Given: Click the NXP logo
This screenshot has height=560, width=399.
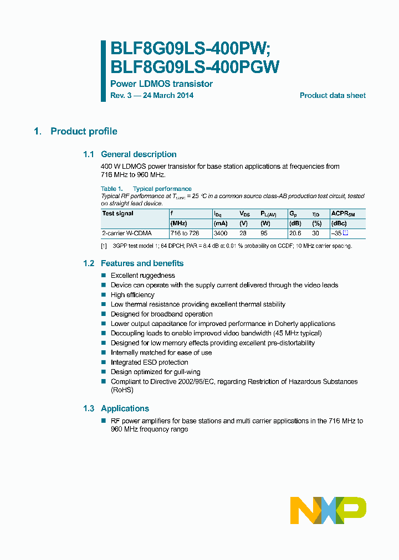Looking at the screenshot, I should coord(328,510).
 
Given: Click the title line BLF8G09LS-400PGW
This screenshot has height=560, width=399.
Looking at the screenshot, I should coord(195,67).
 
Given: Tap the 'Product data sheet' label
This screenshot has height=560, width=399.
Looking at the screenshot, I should coord(332,96).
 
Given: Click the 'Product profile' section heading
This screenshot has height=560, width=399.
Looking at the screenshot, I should coord(84,131).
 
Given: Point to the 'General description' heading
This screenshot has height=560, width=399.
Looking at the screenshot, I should coord(139,154).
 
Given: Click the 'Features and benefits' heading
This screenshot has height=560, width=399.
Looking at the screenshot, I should coord(142,263).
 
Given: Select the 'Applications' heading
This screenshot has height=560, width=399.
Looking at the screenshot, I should coord(125,408).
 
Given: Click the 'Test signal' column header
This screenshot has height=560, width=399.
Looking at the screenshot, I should coord(118,214).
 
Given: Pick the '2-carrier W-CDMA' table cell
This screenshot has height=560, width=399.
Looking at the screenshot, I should coord(127,234).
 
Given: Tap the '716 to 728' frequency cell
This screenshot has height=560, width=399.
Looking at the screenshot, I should coord(185,234).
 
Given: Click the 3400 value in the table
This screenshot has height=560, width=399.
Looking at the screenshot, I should coord(221,234).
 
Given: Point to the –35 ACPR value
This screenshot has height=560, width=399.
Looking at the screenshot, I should coord(336,234).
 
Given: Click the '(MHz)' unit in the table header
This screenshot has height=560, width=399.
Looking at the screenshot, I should coord(179,224).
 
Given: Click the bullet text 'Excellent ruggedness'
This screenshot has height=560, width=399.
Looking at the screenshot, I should coord(143,276).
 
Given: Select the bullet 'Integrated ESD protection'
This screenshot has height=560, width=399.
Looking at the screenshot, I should coord(150,362).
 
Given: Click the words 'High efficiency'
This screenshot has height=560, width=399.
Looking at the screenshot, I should coord(132,295).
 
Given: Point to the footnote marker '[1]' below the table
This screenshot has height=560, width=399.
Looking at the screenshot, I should coord(104,246).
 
